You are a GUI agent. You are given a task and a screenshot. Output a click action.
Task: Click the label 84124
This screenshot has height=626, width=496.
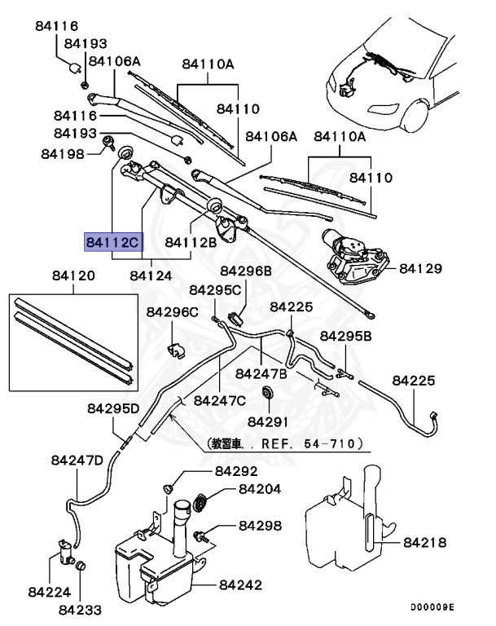tap(151, 276)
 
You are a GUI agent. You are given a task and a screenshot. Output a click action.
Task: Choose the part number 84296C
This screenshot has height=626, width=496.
tap(173, 312)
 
